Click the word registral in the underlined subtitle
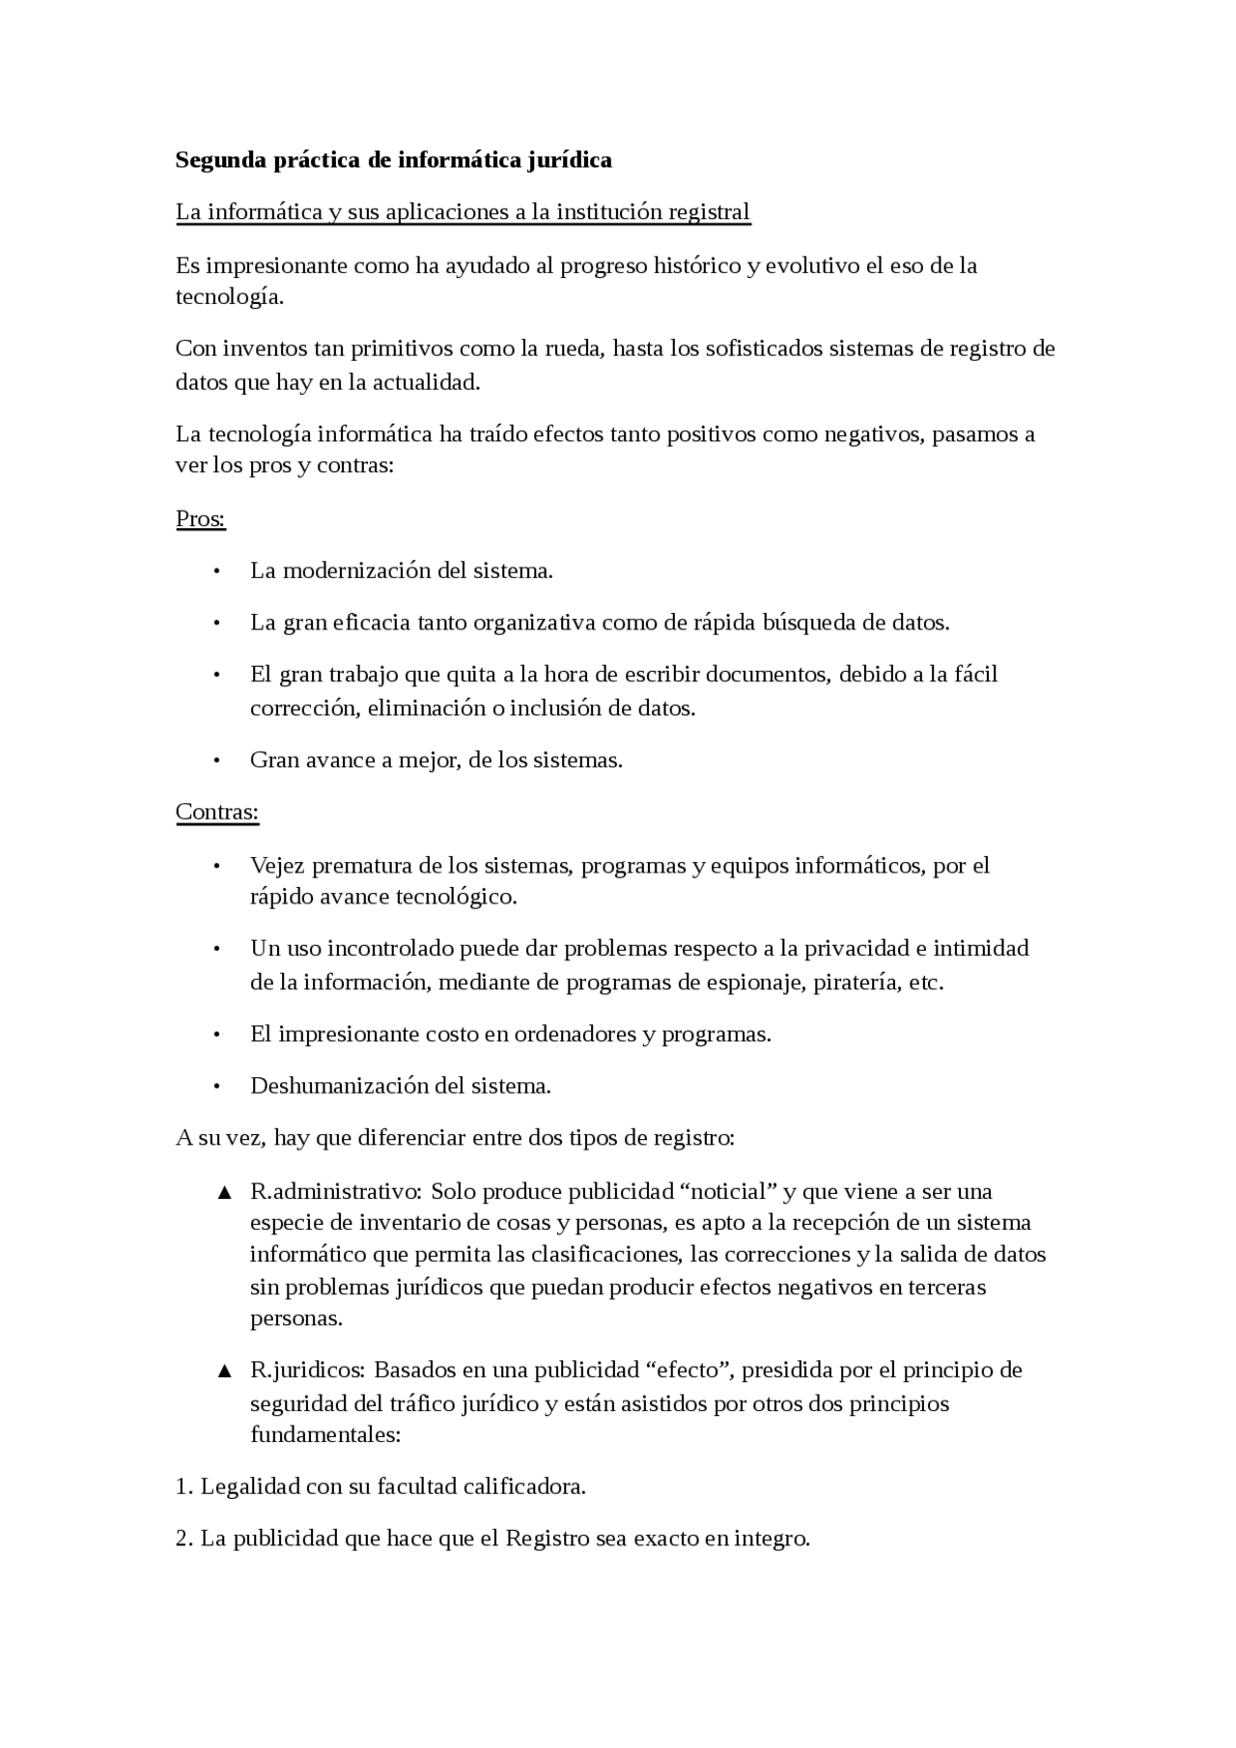point(710,212)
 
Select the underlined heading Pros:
point(200,519)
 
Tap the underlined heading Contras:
point(217,812)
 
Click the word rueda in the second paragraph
point(574,348)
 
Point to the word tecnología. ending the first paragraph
point(230,297)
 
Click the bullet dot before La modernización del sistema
point(217,571)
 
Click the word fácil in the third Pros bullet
point(976,675)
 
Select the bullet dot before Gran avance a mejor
point(217,761)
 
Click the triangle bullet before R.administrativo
point(224,1193)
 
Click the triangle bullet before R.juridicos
point(224,1372)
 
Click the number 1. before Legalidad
point(184,1487)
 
